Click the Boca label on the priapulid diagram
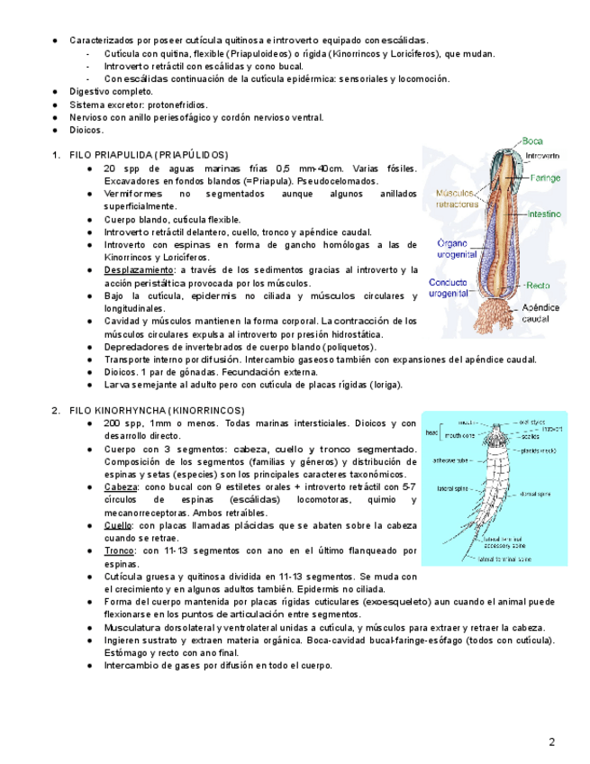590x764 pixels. (531, 141)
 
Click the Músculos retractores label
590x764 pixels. (457, 198)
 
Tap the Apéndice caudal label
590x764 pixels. (540, 313)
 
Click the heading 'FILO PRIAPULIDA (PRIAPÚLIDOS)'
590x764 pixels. (149, 155)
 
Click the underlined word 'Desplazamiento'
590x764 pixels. (139, 270)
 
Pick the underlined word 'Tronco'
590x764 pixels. (119, 550)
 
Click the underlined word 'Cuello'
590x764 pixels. (118, 525)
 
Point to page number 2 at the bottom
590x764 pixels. (552, 742)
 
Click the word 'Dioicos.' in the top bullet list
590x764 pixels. (86, 130)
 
